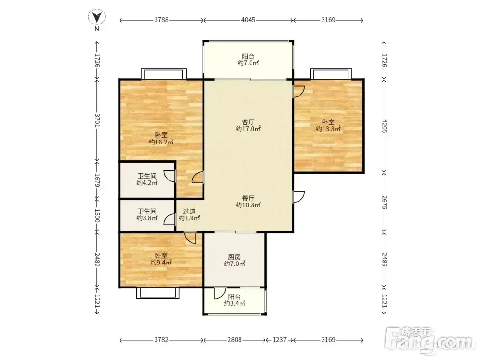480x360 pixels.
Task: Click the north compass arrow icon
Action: [97, 17]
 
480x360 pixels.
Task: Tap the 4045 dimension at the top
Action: [248, 20]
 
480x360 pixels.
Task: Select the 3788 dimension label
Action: [161, 20]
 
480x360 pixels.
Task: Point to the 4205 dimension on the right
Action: [384, 125]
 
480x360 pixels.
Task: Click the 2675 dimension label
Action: [384, 203]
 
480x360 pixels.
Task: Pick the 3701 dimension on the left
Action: [97, 120]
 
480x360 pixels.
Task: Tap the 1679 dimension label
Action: [97, 180]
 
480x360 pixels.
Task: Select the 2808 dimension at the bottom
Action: [235, 340]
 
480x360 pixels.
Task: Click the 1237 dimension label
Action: [279, 340]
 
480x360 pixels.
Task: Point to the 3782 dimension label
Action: [161, 340]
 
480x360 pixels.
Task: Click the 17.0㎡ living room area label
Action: [248, 129]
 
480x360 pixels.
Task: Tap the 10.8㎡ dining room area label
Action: [248, 205]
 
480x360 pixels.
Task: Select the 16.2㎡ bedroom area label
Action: [161, 142]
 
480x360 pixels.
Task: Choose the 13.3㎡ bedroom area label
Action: [328, 129]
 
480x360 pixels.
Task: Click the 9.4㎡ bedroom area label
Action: [161, 263]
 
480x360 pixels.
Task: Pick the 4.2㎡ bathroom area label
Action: [147, 183]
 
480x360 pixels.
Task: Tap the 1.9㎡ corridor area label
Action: [189, 218]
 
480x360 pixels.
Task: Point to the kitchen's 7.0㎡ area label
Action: [235, 264]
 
